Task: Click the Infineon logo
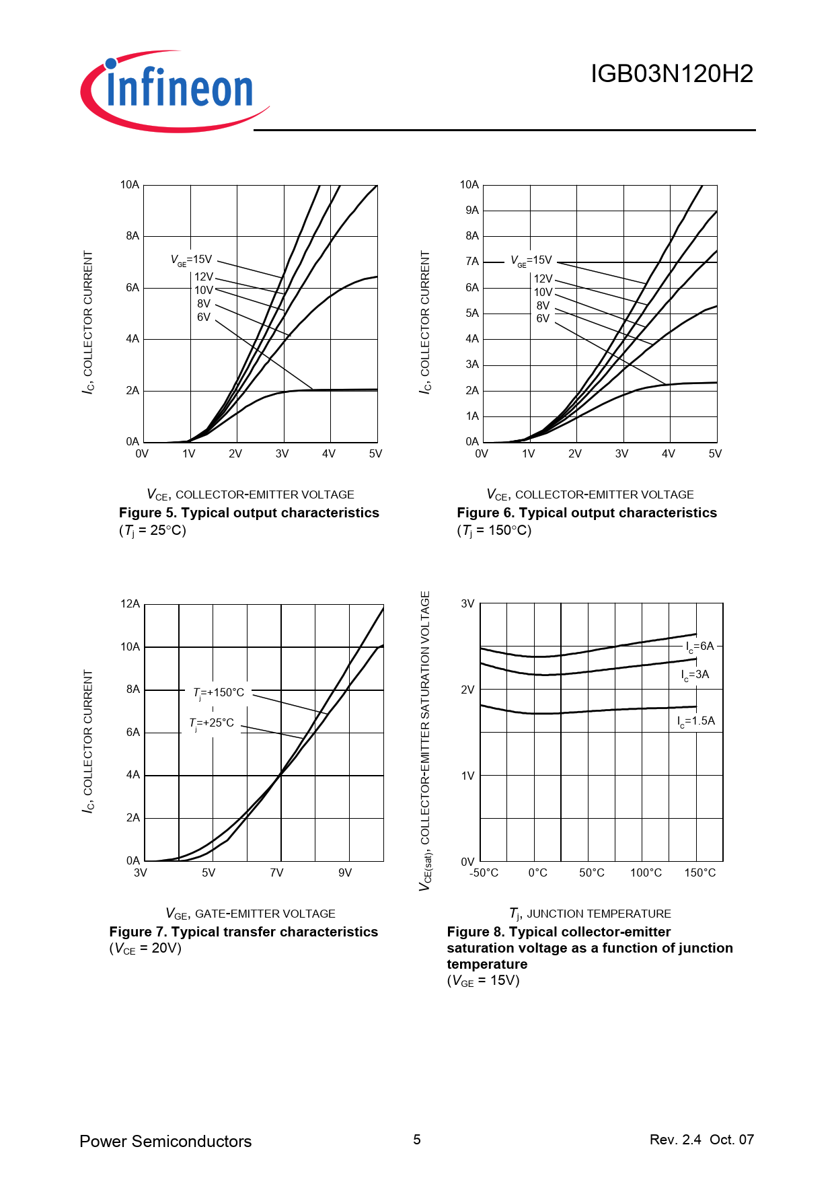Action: click(x=175, y=90)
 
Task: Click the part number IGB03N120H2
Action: click(x=671, y=74)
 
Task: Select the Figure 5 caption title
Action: click(x=249, y=513)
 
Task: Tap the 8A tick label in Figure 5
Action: click(x=132, y=236)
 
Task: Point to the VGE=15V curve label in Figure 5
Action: click(x=191, y=260)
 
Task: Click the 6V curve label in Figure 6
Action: click(x=543, y=318)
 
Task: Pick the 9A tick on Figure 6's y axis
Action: click(x=472, y=211)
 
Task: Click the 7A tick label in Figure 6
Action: click(x=472, y=262)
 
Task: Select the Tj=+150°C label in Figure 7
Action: click(x=219, y=693)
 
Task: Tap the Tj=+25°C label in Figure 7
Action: click(x=212, y=723)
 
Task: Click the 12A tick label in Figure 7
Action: click(x=130, y=604)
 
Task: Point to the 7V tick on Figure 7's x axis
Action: click(x=276, y=873)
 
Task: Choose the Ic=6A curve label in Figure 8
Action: click(x=699, y=647)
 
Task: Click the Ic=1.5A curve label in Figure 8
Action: click(x=695, y=721)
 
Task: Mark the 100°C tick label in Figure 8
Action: click(x=646, y=873)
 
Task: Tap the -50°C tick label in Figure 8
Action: click(x=484, y=873)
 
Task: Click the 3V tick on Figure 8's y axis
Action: click(x=467, y=604)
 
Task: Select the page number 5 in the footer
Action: click(x=417, y=1140)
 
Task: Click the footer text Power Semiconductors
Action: click(x=165, y=1142)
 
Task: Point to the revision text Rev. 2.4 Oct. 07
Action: click(x=702, y=1140)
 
